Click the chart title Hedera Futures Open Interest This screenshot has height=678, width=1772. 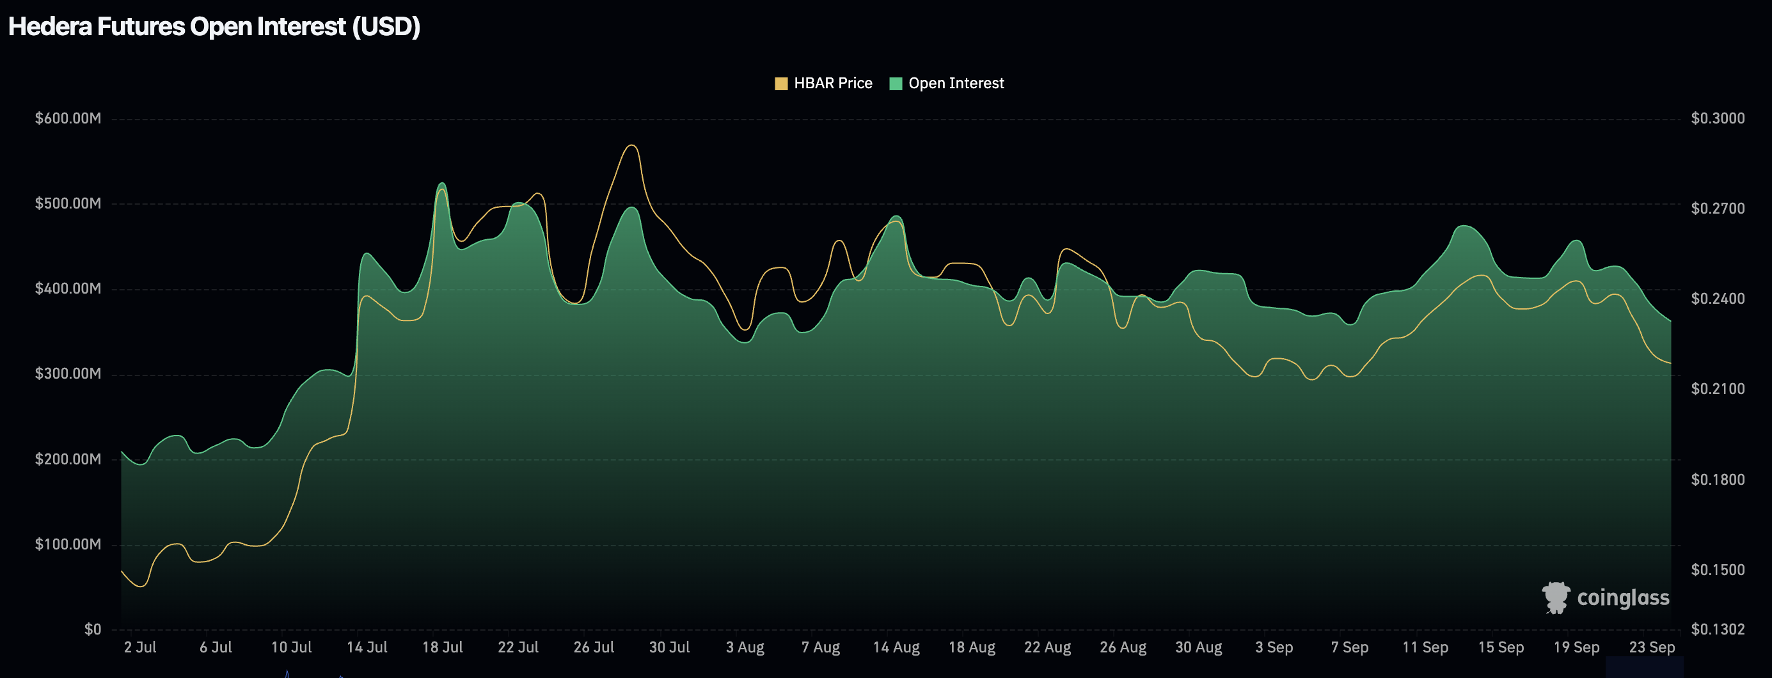214,27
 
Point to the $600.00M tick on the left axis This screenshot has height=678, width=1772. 68,118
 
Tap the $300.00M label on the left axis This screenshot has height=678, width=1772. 68,374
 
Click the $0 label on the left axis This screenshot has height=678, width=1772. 93,629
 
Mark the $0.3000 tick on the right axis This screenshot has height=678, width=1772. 1718,118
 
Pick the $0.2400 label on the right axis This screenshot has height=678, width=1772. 1718,299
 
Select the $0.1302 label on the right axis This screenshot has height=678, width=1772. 1718,629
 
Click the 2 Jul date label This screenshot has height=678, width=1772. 140,647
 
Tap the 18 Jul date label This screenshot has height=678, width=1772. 442,647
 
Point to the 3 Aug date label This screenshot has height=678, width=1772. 745,647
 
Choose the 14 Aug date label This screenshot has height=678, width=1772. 896,647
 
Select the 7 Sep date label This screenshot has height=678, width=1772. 1350,647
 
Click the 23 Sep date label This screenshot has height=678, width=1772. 1652,647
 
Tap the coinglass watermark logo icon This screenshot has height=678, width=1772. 1555,597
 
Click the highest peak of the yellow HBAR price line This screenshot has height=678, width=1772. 632,145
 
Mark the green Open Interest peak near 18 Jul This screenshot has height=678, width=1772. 441,183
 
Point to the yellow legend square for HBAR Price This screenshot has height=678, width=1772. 780,84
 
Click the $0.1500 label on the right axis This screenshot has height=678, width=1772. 1718,569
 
